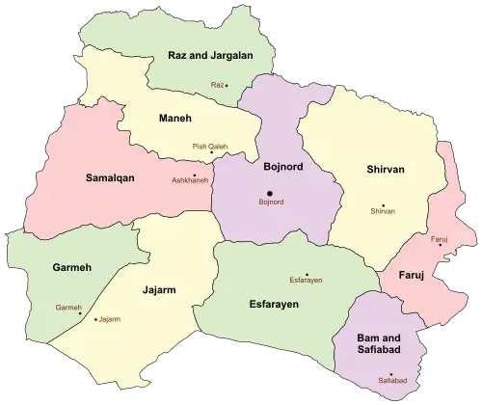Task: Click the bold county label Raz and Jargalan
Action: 210,56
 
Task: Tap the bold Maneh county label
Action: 174,118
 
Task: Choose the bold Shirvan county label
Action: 386,170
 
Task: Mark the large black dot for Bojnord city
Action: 269,194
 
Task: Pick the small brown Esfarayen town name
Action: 305,281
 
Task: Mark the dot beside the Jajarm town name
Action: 95,318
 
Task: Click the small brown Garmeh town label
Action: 67,307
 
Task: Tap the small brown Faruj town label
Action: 440,237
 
